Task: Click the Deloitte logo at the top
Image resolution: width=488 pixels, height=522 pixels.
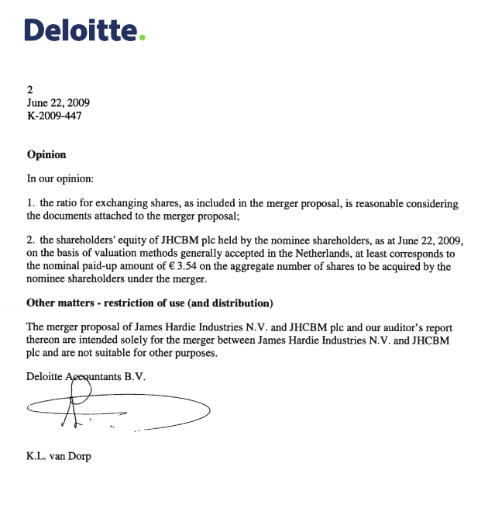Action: click(x=84, y=31)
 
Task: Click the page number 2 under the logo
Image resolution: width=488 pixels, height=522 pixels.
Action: click(x=30, y=89)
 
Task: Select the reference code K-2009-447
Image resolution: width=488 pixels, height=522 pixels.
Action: click(x=54, y=116)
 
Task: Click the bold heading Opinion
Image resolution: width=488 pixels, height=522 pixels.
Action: click(x=46, y=154)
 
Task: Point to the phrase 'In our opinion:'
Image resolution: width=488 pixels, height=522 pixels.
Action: click(x=60, y=178)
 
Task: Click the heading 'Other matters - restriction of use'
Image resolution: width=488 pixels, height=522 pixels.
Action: click(x=149, y=302)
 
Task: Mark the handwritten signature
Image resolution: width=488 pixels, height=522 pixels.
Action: click(x=116, y=410)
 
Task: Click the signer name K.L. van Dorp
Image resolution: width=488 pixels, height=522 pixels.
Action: click(x=59, y=456)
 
